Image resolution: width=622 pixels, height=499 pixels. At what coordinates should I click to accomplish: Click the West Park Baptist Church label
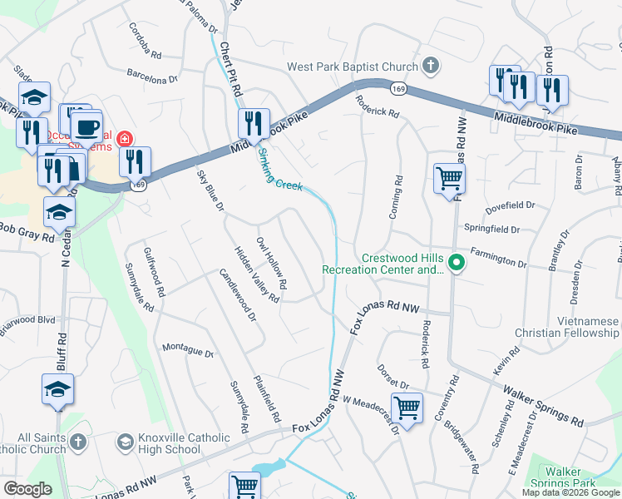(x=352, y=67)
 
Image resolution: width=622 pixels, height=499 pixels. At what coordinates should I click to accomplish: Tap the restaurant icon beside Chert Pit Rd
(x=254, y=124)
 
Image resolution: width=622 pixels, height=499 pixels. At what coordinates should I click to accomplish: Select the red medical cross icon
(x=125, y=138)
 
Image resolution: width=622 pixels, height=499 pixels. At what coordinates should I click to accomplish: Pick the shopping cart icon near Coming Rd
(x=448, y=177)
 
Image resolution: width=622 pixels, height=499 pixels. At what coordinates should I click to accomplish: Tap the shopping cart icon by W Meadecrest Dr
(x=407, y=408)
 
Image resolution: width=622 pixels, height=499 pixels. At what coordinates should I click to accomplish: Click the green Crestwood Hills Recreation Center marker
(x=456, y=264)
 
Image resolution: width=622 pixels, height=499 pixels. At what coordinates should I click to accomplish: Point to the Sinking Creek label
(x=279, y=168)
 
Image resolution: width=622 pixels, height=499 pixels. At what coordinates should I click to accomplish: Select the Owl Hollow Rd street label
(x=272, y=264)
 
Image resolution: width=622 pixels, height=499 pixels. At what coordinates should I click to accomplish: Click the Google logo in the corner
(x=27, y=488)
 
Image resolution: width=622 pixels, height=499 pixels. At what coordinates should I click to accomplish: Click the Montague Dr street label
(x=188, y=351)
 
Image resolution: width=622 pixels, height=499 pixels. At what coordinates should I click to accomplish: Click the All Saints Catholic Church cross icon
(x=77, y=441)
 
